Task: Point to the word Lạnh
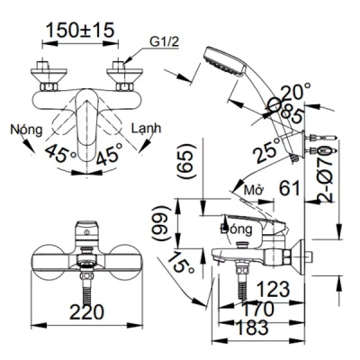click(146, 129)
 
